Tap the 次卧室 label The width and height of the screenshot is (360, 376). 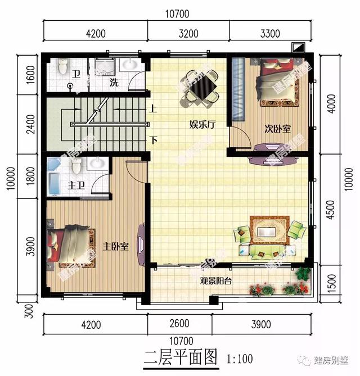coord(278,129)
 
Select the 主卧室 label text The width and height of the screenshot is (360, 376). coord(116,246)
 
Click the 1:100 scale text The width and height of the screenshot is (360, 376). coord(240,358)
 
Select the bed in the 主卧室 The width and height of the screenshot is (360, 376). coord(70,246)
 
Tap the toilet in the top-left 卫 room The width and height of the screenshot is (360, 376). coord(64,68)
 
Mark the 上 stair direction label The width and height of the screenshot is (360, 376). coord(153,110)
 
